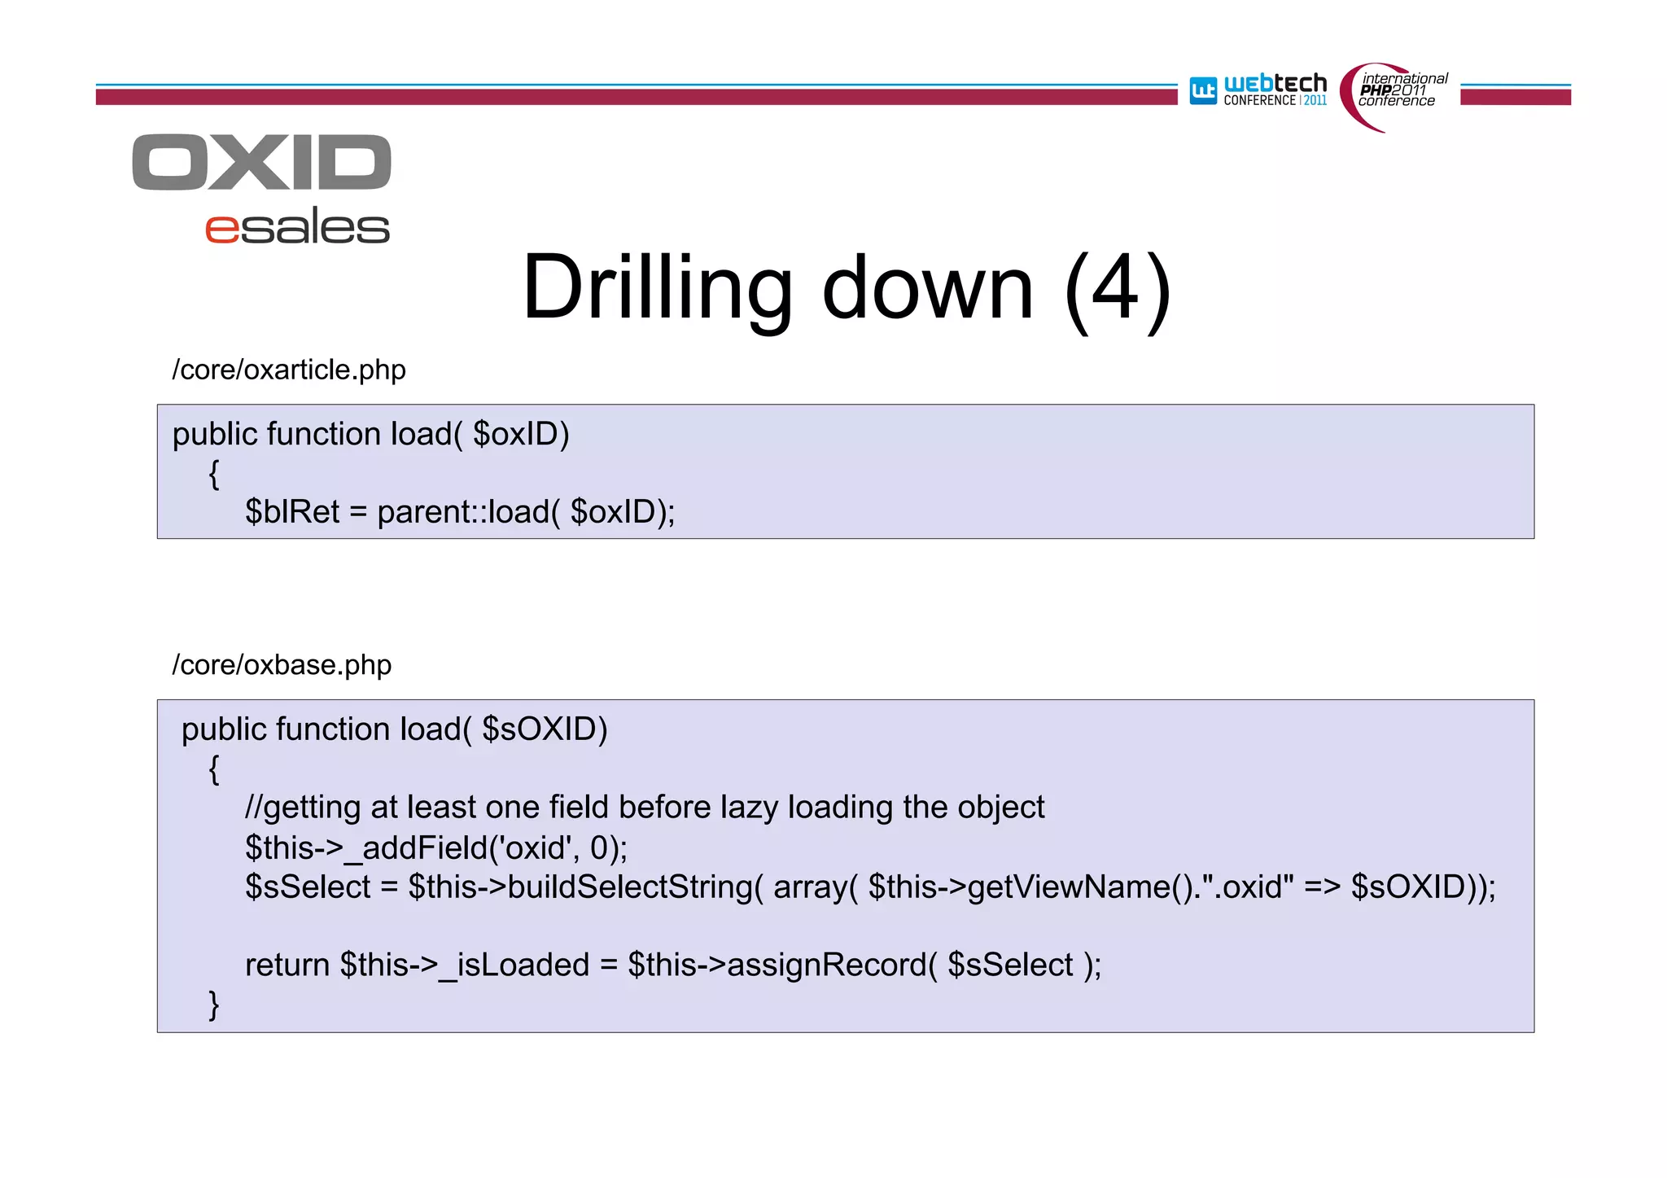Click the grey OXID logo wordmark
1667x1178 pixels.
261,162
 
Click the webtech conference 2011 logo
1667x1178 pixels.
1258,90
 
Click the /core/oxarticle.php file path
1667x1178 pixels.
289,370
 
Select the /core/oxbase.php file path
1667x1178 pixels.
282,665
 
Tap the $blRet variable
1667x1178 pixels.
292,512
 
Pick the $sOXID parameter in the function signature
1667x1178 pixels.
544,729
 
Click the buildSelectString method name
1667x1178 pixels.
631,887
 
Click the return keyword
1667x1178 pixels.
287,966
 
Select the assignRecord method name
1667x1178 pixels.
826,966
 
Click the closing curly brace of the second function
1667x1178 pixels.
214,1005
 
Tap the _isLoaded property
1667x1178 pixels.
514,966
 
